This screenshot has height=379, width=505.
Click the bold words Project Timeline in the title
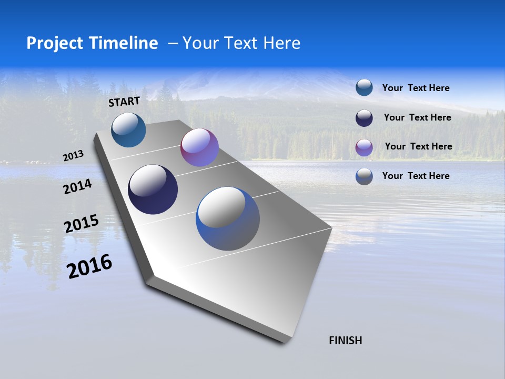coord(92,43)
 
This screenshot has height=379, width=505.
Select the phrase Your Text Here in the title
coord(241,43)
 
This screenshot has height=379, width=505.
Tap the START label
coord(124,102)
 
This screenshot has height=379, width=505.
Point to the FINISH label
coord(346,341)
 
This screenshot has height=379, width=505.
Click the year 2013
coord(74,156)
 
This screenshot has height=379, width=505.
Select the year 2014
coord(78,187)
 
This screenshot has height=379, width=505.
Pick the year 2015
coord(82,224)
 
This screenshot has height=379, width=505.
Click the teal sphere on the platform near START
coord(128,129)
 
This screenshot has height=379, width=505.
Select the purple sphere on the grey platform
coord(199,147)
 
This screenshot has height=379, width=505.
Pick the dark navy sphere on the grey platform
coord(153,189)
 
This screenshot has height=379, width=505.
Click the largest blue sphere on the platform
coord(228,218)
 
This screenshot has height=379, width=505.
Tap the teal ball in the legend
coord(364,88)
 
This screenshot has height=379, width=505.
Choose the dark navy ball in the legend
coord(364,117)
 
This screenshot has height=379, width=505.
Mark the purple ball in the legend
coord(364,147)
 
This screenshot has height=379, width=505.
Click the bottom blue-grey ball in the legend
coord(364,176)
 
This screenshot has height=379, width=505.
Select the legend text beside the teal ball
coord(416,88)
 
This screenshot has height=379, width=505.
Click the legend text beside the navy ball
coord(417,117)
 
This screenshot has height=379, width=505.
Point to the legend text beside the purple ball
coord(418,146)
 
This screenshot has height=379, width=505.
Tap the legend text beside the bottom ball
coord(416,176)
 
